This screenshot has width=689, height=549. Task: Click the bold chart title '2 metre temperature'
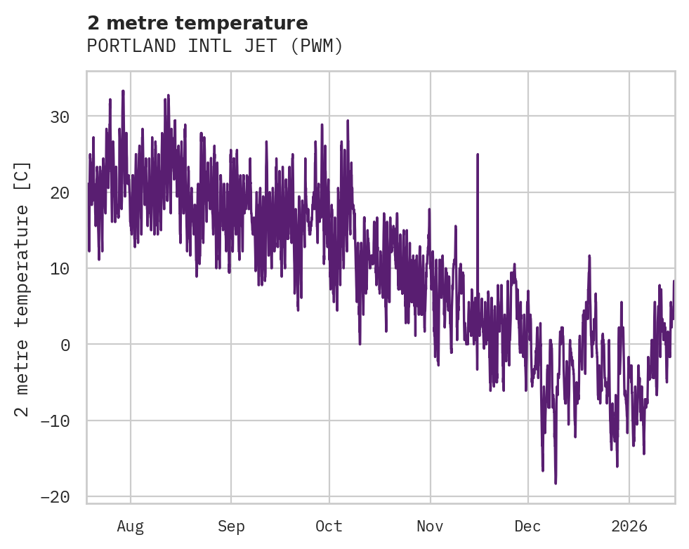pos(197,23)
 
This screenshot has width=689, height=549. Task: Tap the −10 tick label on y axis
pos(55,421)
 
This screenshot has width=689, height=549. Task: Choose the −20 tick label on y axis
pos(55,497)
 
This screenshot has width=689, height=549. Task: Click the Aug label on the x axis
pos(131,527)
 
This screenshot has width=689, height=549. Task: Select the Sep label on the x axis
pos(230,527)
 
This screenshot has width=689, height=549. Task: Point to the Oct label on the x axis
pos(329,527)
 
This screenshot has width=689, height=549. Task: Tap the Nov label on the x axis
pos(430,527)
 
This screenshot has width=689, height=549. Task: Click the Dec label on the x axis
pos(527,527)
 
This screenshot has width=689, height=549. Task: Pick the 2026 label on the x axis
pos(629,527)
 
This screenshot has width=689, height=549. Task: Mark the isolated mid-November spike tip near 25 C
pos(478,154)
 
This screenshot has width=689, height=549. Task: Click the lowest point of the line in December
pos(556,483)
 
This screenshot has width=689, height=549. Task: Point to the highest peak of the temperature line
pos(123,91)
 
